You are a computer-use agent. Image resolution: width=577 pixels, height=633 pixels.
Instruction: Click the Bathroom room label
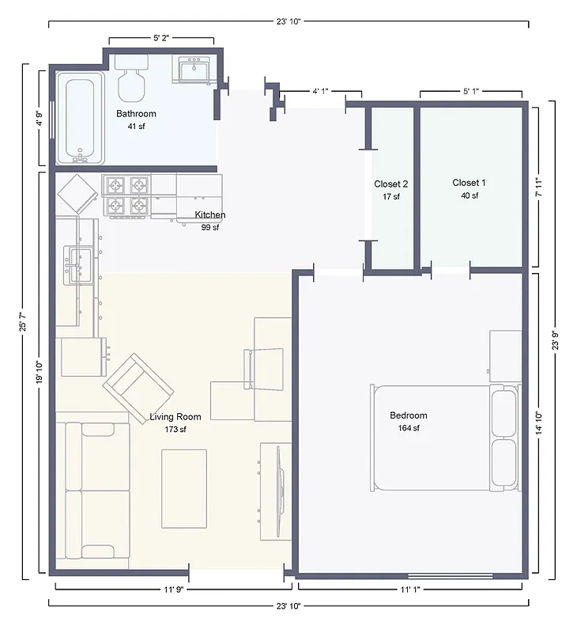(136, 113)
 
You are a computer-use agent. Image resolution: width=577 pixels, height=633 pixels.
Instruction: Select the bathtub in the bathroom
(79, 117)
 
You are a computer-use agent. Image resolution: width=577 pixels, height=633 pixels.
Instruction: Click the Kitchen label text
(210, 215)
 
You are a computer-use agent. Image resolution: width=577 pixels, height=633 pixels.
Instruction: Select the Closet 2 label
(390, 184)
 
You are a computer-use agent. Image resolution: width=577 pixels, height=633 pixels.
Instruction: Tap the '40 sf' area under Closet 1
(469, 196)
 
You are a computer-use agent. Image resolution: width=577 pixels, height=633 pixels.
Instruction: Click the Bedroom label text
(408, 415)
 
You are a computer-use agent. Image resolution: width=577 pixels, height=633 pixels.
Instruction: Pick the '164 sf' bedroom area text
(408, 429)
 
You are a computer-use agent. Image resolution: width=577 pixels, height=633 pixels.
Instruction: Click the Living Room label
(175, 417)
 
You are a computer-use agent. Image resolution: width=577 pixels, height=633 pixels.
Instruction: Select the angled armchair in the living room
(139, 383)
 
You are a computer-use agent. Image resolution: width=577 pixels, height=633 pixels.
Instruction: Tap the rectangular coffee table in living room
(184, 488)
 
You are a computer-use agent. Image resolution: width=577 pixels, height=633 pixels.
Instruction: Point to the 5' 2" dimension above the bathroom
(162, 37)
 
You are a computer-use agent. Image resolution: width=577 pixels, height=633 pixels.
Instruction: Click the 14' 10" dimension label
(538, 423)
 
